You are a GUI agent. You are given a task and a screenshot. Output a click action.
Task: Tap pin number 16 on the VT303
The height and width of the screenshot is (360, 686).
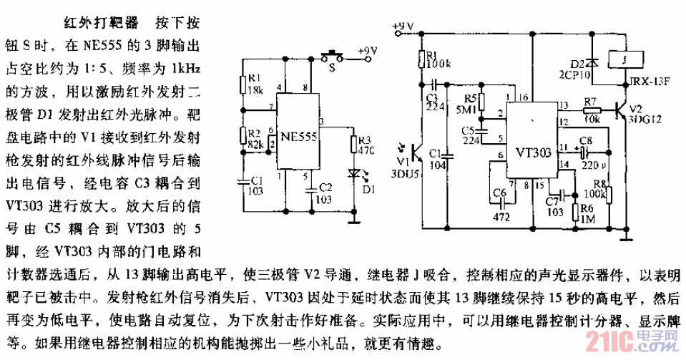tap(526, 97)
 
